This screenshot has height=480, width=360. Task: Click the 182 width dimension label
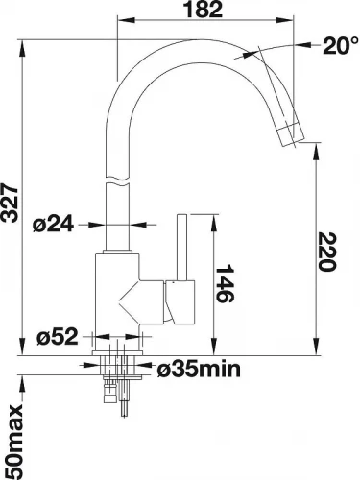[204, 10]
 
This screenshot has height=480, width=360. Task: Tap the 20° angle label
[340, 46]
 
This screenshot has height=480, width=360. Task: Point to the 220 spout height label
[327, 252]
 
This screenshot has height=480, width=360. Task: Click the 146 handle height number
[225, 283]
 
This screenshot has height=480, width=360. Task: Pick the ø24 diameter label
[53, 225]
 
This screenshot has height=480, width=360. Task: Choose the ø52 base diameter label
[58, 337]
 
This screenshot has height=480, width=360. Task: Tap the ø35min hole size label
[199, 370]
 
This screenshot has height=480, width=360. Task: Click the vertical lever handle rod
[182, 247]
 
